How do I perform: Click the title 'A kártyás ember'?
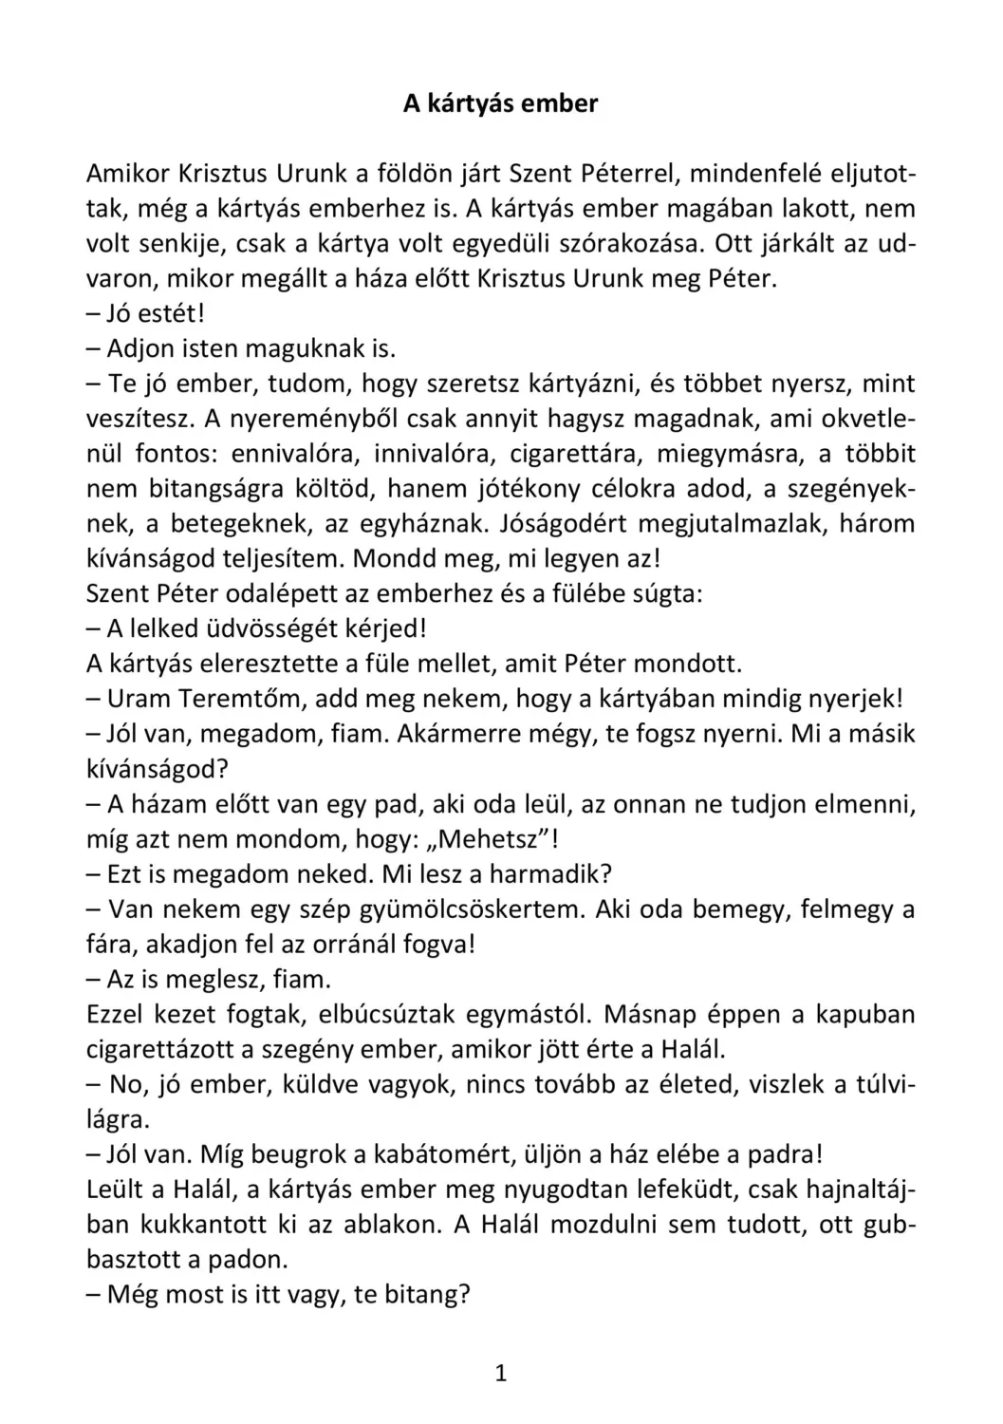coord(500,103)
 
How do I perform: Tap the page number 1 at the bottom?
coord(501,1373)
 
